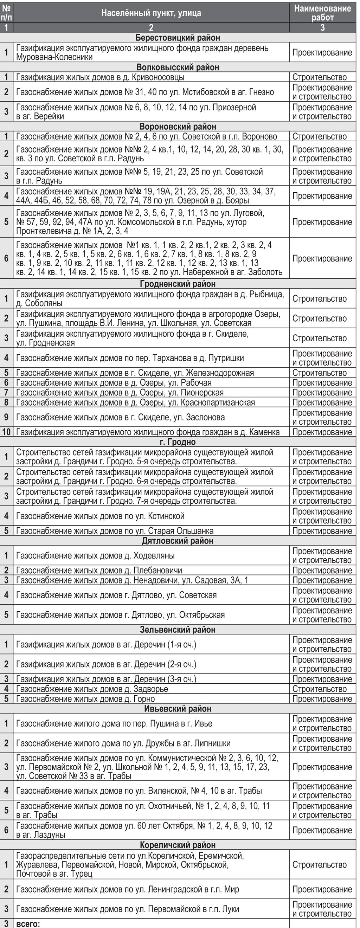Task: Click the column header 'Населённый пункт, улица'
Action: click(151, 13)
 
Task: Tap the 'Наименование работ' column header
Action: click(322, 13)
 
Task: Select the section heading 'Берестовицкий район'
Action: click(178, 38)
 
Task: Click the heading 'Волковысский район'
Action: click(178, 67)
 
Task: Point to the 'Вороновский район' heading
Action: click(178, 127)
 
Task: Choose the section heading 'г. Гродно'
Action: click(178, 442)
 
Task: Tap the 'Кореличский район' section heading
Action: click(178, 845)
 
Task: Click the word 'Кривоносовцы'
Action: click(163, 77)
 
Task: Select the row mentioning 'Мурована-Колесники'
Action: click(151, 53)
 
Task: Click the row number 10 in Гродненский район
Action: click(6, 432)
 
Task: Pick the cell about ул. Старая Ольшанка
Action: click(151, 531)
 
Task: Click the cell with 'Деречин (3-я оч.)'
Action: click(151, 679)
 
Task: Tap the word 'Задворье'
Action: click(150, 689)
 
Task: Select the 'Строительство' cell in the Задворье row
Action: click(319, 689)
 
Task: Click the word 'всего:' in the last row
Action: click(28, 924)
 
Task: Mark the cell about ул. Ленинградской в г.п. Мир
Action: click(151, 889)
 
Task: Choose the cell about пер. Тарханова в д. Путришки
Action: click(151, 358)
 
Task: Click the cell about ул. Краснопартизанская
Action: click(151, 402)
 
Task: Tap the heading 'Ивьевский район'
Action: click(178, 709)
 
